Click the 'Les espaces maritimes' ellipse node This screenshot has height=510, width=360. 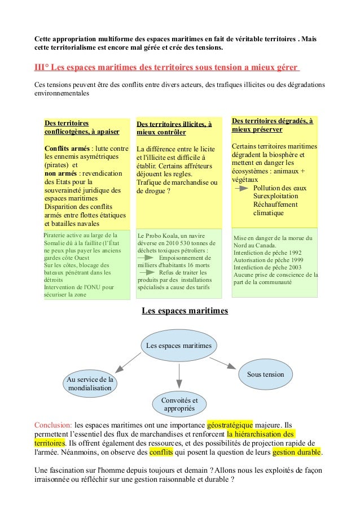point(179,345)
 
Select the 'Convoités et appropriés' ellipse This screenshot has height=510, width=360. point(179,403)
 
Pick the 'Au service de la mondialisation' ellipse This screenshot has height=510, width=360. point(90,383)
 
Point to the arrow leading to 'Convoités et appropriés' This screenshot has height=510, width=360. point(179,375)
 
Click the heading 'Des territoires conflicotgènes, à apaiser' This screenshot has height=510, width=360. point(81,127)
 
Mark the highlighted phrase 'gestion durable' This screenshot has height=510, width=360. point(296,453)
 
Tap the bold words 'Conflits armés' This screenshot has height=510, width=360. point(67,149)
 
